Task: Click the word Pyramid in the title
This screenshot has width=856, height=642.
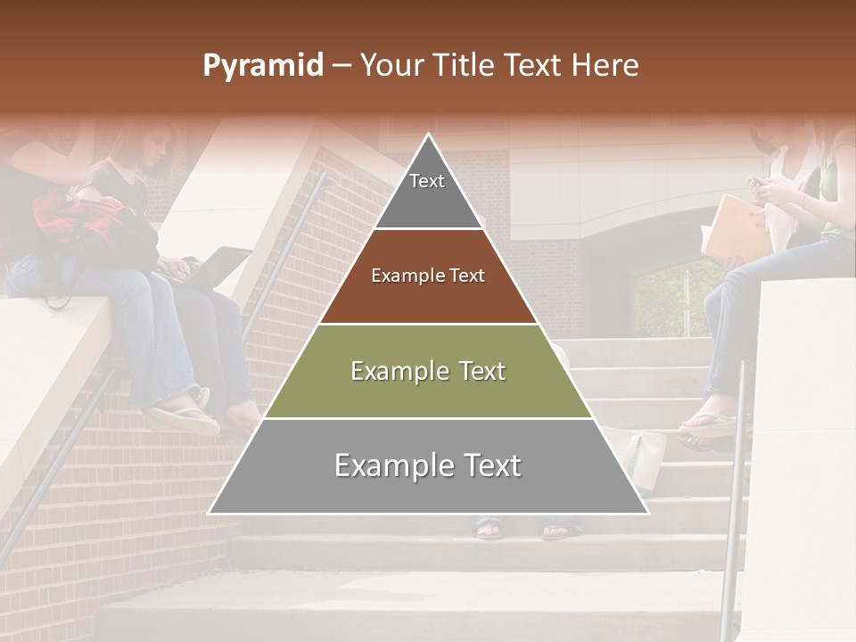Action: (x=262, y=66)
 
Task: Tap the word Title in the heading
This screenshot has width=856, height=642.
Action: (x=469, y=66)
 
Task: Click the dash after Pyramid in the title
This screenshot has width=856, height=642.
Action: (x=341, y=67)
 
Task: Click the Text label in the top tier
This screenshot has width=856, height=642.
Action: (x=427, y=181)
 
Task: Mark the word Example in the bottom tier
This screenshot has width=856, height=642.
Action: (x=384, y=465)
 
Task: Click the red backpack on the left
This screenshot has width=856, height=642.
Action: (x=76, y=218)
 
